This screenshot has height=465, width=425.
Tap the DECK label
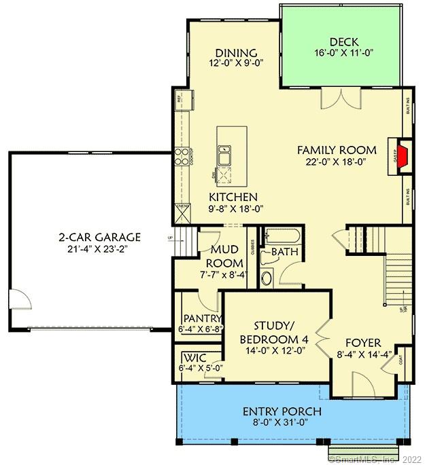coord(343,41)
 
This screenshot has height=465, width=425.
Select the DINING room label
coord(235,53)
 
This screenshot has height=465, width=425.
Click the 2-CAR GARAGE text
coord(99,237)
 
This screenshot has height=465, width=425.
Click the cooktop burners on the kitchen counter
coord(182,157)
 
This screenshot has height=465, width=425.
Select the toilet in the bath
coord(267,277)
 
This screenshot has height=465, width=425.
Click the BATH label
coord(284,253)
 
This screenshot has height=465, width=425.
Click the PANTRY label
coord(202,318)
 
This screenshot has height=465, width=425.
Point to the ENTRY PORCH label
coord(282,412)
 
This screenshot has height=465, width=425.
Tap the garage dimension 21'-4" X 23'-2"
coord(99,249)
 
